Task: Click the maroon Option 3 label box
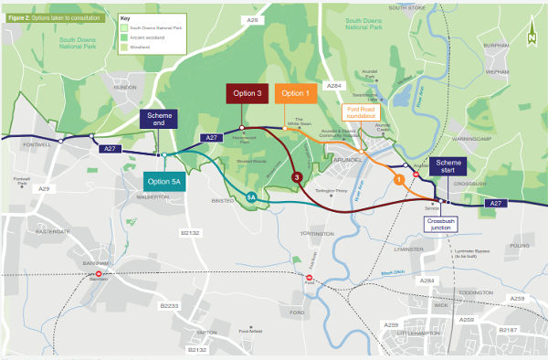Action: [x=247, y=93]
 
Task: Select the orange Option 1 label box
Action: [x=296, y=93]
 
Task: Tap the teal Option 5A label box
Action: [x=165, y=181]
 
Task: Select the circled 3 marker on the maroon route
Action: [x=296, y=176]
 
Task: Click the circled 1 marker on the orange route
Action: [x=398, y=180]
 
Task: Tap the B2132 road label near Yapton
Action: [x=197, y=349]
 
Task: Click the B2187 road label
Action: [x=510, y=328]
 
